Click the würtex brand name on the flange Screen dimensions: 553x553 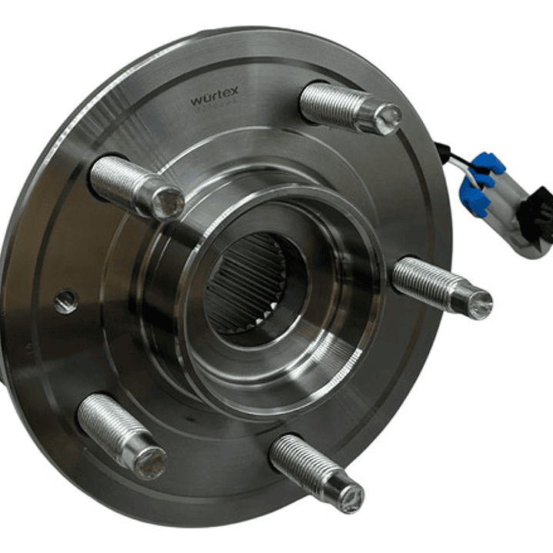click(x=215, y=95)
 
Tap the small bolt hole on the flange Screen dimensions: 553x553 click(x=66, y=301)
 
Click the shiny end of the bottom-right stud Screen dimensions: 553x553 click(x=350, y=498)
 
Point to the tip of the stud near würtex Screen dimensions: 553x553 click(x=387, y=117)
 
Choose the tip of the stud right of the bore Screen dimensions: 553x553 click(x=478, y=305)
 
